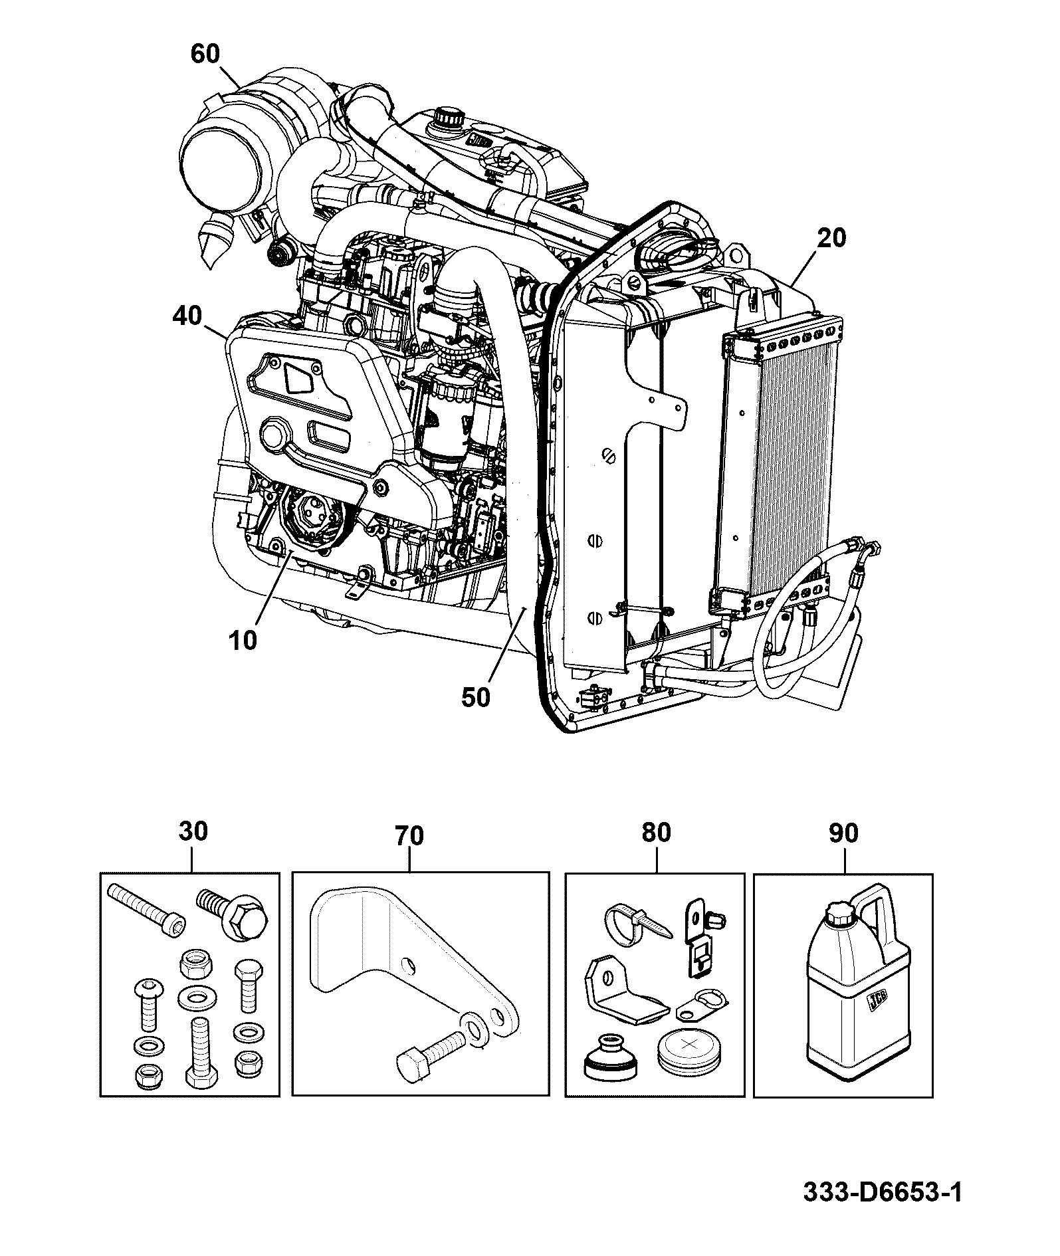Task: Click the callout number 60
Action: click(x=205, y=54)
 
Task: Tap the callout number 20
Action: click(x=831, y=238)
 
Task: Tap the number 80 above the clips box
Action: click(x=656, y=833)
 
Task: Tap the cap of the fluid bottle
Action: click(x=840, y=915)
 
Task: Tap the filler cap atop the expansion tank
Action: click(x=448, y=119)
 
